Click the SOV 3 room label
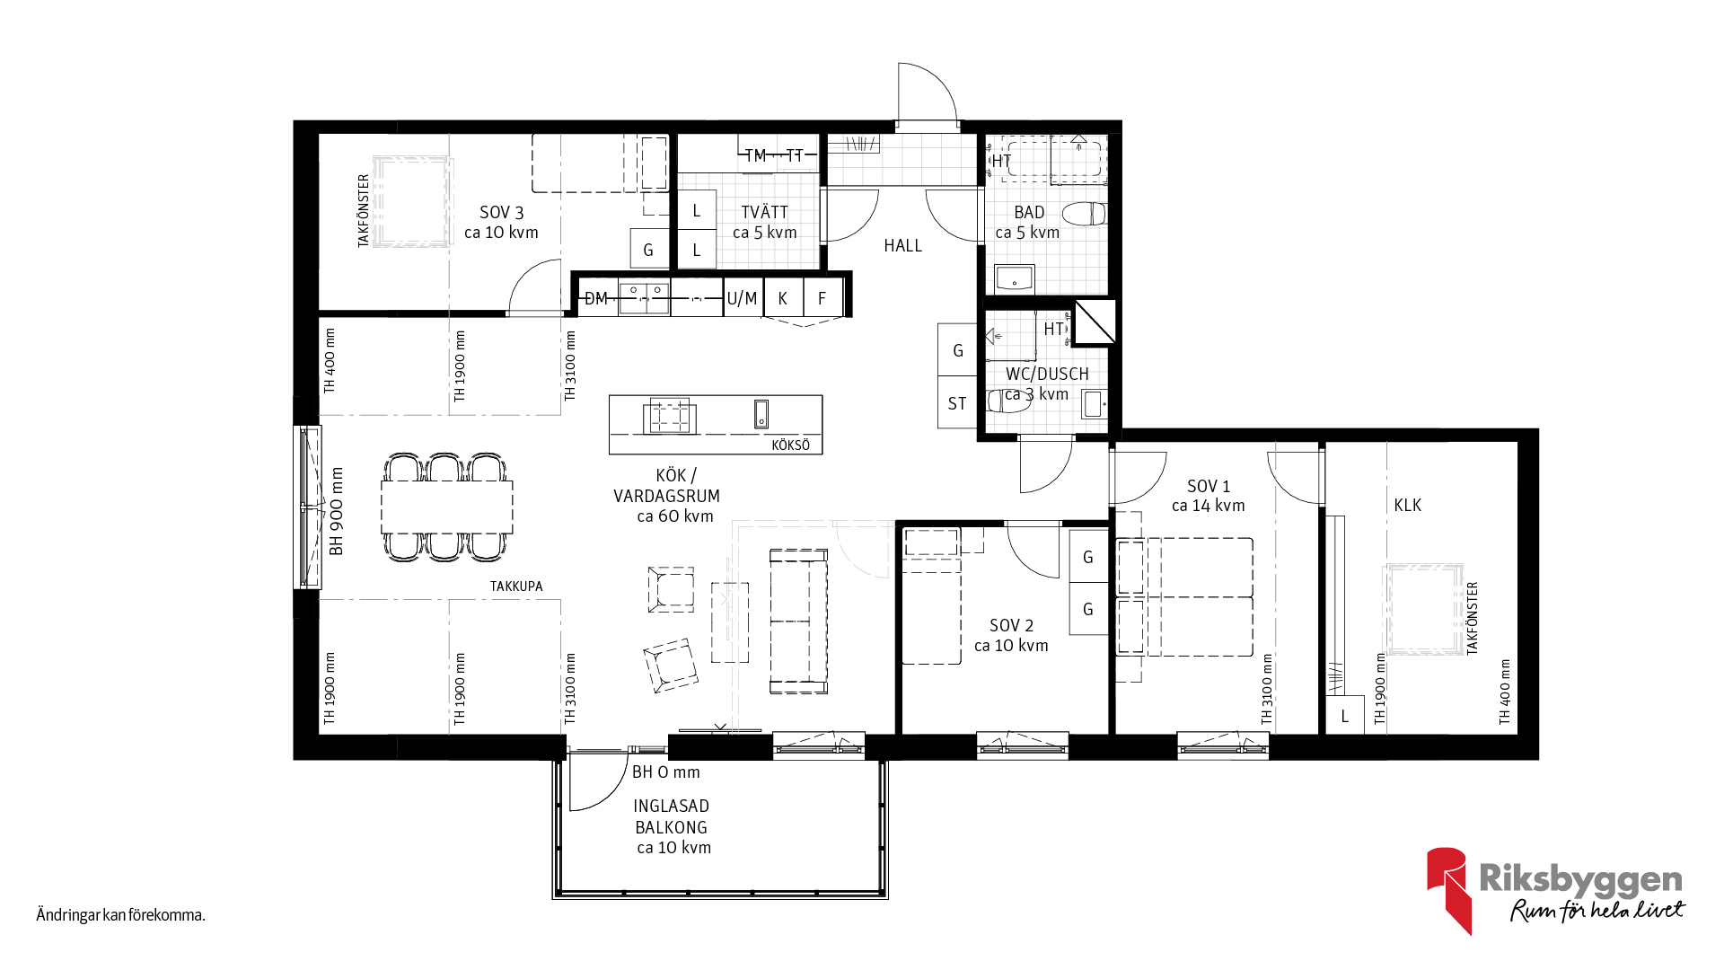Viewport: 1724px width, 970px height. point(501,213)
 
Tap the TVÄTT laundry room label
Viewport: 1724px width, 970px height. point(765,212)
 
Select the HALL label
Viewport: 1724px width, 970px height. point(902,245)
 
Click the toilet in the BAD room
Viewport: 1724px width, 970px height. point(1085,214)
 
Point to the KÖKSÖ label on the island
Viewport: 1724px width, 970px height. point(790,445)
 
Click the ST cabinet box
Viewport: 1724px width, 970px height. point(957,402)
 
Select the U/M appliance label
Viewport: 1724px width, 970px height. point(742,298)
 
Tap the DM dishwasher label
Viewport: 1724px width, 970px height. point(596,298)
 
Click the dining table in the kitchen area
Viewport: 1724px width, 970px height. point(447,507)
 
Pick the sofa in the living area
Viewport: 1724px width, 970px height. point(798,622)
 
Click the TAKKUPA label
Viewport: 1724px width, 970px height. point(516,586)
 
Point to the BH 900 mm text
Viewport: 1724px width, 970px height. point(337,510)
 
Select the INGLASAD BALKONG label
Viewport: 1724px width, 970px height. point(672,816)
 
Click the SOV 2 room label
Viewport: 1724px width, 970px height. point(1011,625)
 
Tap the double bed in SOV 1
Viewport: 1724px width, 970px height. point(1184,596)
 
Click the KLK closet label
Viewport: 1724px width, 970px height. point(1407,506)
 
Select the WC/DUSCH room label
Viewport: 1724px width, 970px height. point(1047,374)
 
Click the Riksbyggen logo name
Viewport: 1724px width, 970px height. point(1580,879)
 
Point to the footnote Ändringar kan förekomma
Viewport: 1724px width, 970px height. point(121,915)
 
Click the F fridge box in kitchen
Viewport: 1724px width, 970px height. point(822,297)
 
